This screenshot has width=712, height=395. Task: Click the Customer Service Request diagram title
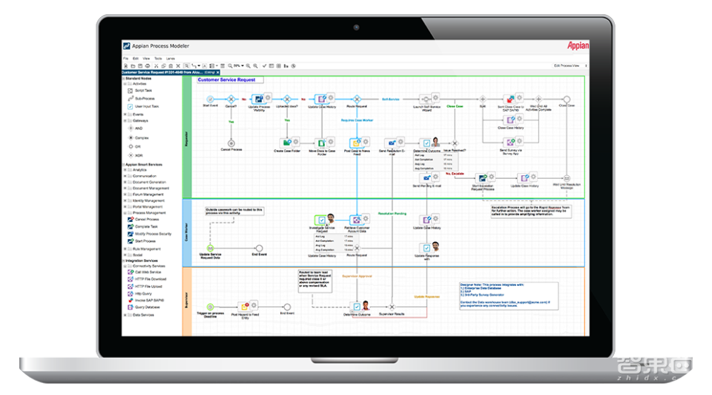[226, 79]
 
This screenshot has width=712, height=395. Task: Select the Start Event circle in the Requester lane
[211, 99]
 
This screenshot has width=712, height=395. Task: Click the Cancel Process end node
[231, 142]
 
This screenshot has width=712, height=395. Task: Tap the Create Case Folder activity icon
[286, 142]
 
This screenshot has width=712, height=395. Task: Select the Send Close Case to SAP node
[510, 99]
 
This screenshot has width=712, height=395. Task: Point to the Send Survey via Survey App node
[510, 142]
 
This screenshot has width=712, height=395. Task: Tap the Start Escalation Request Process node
[483, 178]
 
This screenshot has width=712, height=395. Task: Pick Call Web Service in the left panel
[147, 272]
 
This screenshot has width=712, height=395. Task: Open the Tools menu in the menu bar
[158, 57]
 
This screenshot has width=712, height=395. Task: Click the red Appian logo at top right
[578, 45]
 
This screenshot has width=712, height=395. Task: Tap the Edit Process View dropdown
[569, 66]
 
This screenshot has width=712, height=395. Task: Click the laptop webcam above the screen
[356, 27]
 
